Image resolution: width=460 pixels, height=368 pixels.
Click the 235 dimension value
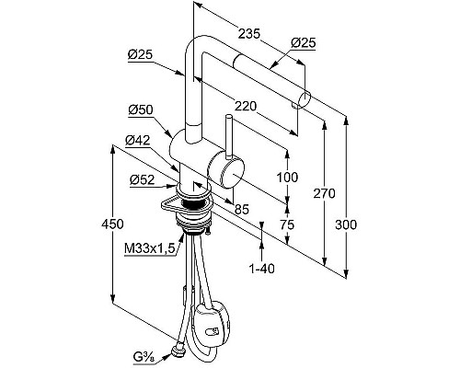tap(249, 34)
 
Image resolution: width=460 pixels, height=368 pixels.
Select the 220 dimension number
tap(246, 106)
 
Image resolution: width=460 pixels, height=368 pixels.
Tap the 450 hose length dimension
tap(112, 224)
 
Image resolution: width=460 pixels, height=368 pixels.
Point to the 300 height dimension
tap(346, 224)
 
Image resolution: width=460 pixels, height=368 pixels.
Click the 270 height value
tap(324, 194)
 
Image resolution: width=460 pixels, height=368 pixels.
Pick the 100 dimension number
tap(287, 178)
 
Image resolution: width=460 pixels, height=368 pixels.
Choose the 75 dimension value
tap(287, 224)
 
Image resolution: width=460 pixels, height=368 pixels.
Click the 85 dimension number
tap(242, 210)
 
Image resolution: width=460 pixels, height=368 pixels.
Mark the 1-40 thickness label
tap(261, 269)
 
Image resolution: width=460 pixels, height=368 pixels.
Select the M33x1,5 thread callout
tap(150, 247)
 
